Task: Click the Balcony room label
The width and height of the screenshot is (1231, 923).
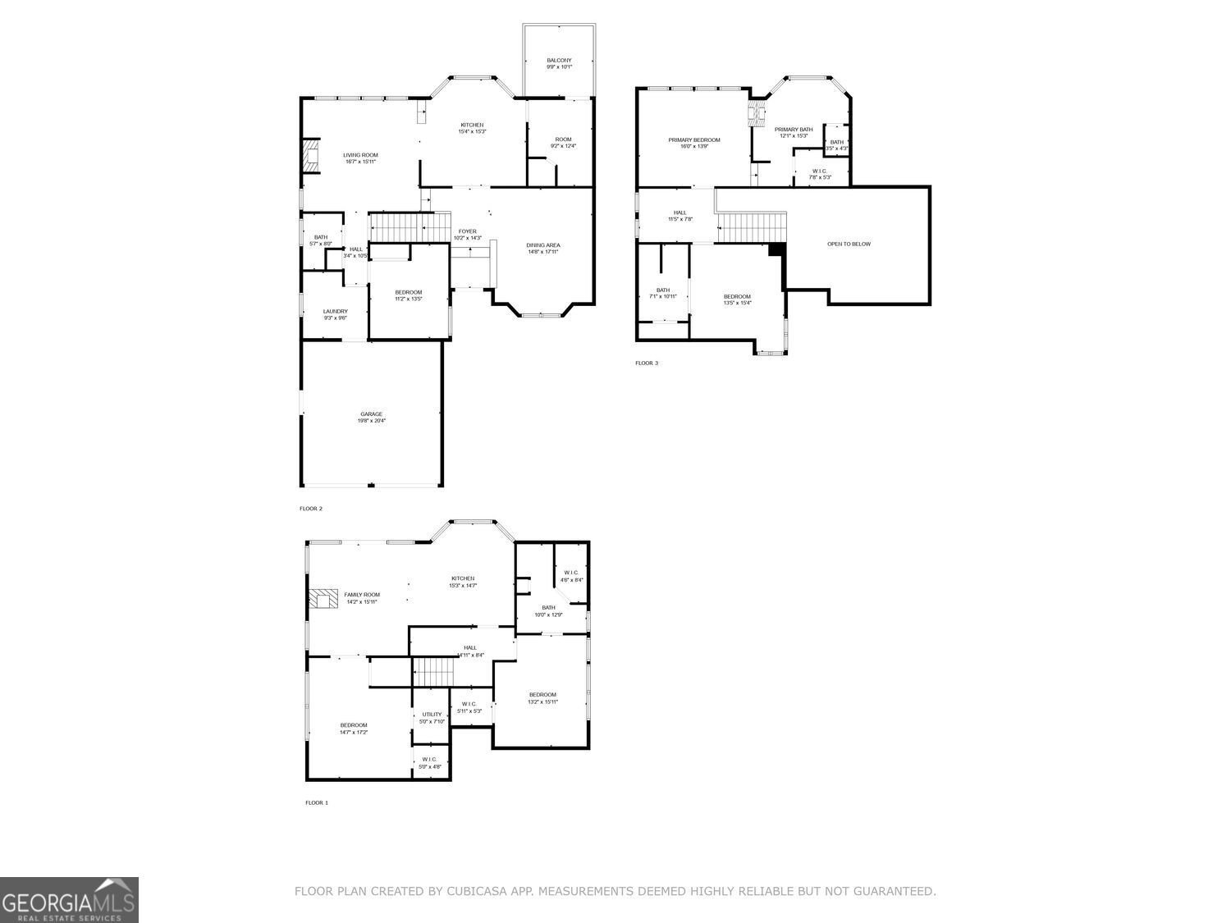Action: coord(559,63)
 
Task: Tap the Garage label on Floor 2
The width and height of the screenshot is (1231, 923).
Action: coord(371,417)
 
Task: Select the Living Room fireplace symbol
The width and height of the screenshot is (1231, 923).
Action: coord(310,155)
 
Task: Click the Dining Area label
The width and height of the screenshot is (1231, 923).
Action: coord(542,248)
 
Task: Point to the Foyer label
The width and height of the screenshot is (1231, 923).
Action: coord(468,235)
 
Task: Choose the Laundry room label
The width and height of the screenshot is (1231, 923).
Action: coord(335,314)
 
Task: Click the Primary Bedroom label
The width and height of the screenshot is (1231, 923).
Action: coord(693,143)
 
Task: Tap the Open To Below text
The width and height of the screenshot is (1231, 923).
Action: coord(849,244)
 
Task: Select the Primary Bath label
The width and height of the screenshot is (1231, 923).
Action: coord(794,132)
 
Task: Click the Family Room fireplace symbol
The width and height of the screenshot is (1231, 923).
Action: coord(324,598)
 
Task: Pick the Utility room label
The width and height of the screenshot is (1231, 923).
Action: coord(432,717)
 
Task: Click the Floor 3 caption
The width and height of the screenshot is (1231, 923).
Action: coord(647,363)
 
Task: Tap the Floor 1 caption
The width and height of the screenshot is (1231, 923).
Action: coord(317,802)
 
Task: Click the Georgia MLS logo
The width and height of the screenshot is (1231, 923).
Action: coord(69,899)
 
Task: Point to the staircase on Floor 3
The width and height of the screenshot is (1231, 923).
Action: coord(752,226)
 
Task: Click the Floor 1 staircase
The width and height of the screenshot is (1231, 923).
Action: coord(432,672)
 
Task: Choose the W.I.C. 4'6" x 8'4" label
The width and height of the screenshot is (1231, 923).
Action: coord(571,576)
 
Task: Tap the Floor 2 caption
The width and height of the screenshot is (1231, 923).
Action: coord(311,509)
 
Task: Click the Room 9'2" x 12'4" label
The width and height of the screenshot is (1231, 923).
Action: coord(563,143)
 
